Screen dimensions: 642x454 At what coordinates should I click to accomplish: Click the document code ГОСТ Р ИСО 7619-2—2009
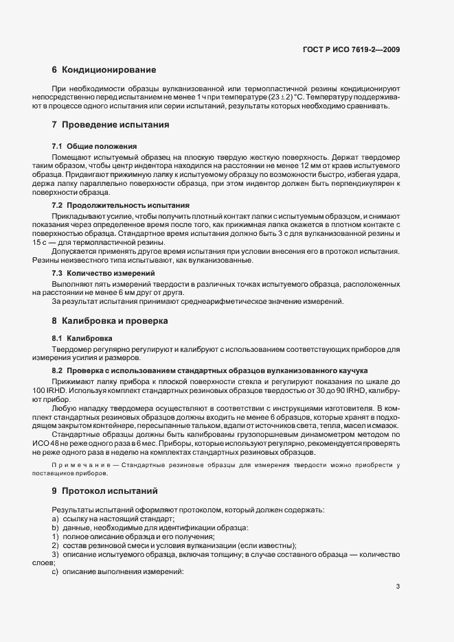point(352,49)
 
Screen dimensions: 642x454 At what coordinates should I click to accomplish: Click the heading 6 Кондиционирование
point(103,70)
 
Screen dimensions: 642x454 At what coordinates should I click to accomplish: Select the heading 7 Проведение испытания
point(110,125)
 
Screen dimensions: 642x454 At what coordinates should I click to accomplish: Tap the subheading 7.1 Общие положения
point(94,146)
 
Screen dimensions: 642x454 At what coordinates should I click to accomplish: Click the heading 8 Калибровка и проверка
point(110,320)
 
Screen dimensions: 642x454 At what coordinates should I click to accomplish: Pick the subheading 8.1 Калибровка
point(82,339)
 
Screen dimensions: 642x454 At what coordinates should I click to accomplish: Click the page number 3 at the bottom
point(398,586)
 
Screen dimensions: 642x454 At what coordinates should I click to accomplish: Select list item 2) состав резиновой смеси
point(175,545)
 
